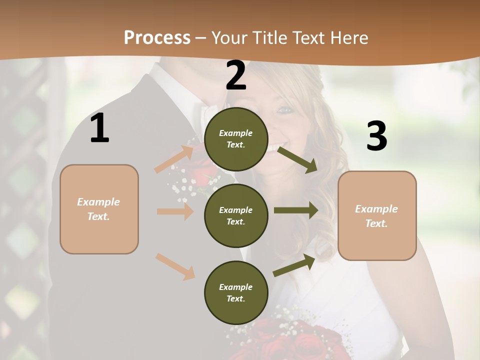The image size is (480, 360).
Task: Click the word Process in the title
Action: coord(157,37)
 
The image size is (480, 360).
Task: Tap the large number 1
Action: coord(99,128)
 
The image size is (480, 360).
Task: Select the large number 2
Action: coord(236,75)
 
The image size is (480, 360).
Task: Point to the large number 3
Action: coord(376,136)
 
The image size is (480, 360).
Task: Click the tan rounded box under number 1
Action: coord(99,209)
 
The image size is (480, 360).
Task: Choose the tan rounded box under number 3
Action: coord(377,215)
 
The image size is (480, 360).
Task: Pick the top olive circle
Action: coord(236,139)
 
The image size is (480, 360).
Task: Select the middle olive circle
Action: coord(236,215)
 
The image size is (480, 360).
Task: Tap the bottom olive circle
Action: coord(236,292)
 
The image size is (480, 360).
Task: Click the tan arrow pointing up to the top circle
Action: coord(174,158)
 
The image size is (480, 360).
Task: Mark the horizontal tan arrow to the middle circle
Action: coord(175,211)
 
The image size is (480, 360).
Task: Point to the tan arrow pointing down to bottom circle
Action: coord(175,266)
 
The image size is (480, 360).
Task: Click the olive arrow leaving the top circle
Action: coord(297,159)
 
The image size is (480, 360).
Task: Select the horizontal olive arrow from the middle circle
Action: coord(295,210)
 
